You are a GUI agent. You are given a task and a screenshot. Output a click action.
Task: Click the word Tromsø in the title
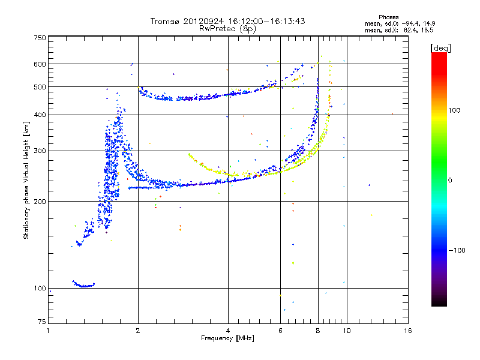166,21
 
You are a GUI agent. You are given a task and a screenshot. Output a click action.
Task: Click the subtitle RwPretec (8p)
227,29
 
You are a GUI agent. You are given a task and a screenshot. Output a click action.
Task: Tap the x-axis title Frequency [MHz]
227,338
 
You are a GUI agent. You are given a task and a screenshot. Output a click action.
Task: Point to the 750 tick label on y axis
40,38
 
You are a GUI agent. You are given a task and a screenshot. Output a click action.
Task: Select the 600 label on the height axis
40,64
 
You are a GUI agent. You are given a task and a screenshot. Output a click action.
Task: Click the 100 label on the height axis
40,289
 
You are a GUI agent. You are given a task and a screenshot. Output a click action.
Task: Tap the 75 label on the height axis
42,322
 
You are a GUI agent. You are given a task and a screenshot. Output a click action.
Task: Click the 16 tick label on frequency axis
408,331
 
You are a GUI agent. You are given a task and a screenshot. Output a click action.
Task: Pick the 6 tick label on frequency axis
280,331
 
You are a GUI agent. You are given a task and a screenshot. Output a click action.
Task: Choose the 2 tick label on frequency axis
138,331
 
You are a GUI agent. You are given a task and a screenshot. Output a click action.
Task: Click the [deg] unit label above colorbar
440,49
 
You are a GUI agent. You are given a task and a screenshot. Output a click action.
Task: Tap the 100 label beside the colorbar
454,110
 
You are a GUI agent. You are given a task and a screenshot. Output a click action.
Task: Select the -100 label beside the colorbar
457,250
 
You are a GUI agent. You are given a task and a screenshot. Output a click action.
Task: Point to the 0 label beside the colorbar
450,181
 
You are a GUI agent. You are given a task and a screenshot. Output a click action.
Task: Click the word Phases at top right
388,17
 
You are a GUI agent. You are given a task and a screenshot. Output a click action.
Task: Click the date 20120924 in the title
203,21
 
